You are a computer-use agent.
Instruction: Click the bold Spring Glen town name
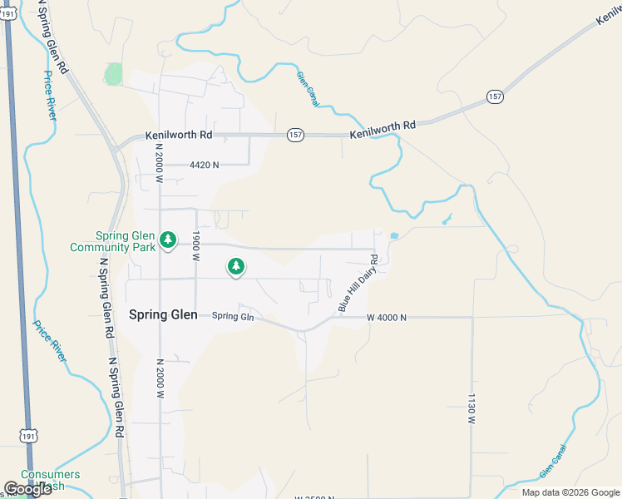pos(164,314)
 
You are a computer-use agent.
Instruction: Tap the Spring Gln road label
pos(232,316)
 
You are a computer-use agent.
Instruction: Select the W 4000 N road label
pos(387,318)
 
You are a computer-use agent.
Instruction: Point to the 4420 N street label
pos(204,165)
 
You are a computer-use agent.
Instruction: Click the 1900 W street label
pos(197,247)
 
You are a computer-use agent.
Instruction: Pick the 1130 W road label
pos(471,409)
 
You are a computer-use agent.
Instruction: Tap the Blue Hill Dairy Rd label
pos(358,284)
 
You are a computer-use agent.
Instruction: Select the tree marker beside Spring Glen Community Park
pos(168,240)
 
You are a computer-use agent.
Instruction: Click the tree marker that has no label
pos(236,266)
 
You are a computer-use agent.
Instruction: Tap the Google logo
pos(27,489)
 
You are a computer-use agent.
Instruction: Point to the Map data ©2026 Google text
pos(570,492)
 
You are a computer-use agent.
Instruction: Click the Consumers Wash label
pos(51,480)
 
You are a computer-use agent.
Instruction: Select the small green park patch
pos(113,74)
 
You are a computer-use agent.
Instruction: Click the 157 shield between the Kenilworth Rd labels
pos(295,135)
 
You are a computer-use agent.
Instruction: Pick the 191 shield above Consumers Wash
pos(28,436)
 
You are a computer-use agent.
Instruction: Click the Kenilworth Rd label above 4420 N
pos(179,135)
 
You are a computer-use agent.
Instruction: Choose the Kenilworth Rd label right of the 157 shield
pos(382,126)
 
